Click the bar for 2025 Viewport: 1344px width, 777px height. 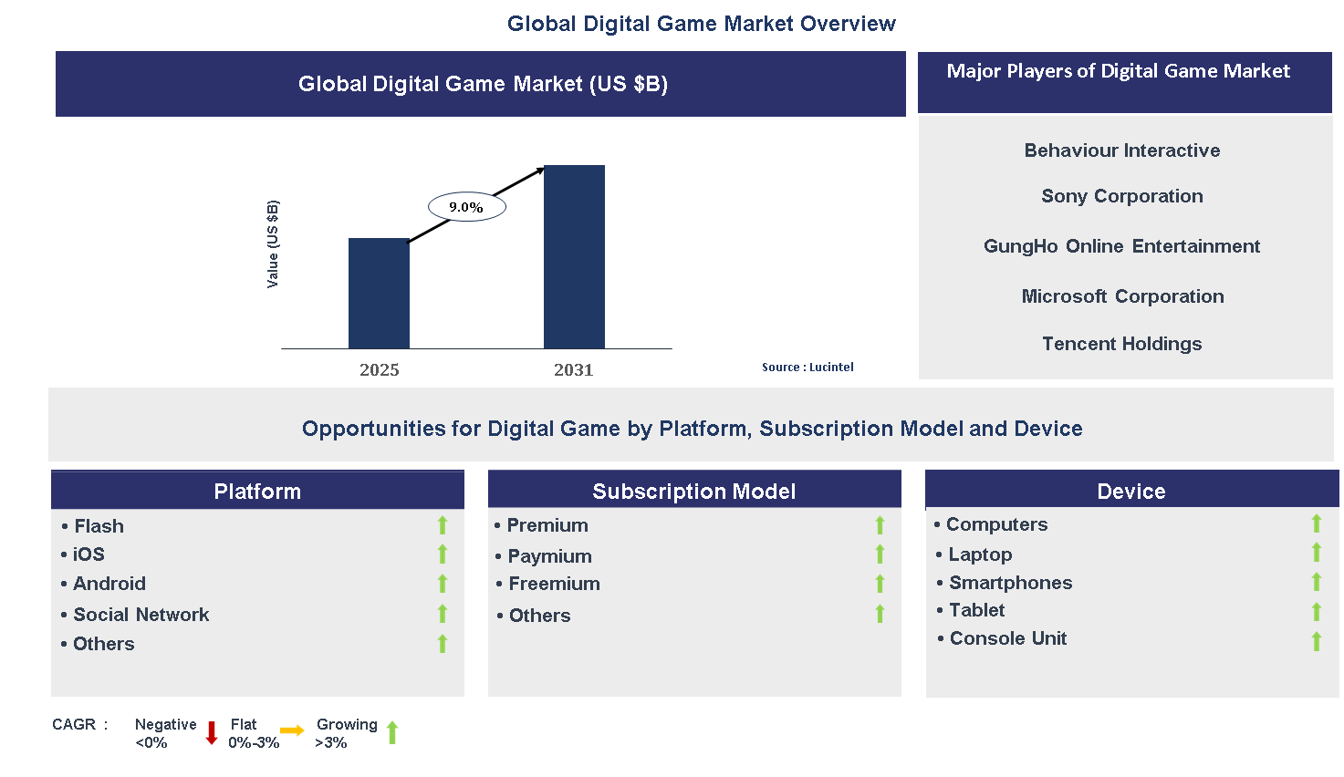(x=379, y=293)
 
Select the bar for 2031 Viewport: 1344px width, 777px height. (x=574, y=256)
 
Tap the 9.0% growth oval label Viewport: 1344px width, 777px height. (x=466, y=207)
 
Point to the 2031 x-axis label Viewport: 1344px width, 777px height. (x=573, y=369)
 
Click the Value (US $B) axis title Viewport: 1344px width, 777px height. (x=273, y=243)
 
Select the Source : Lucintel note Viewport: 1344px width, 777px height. (x=807, y=367)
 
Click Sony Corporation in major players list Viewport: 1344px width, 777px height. (x=1121, y=196)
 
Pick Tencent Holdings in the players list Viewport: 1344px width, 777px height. (x=1121, y=344)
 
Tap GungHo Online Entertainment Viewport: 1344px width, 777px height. (x=1121, y=246)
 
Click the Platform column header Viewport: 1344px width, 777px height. (x=257, y=491)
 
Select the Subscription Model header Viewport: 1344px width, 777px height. (x=694, y=491)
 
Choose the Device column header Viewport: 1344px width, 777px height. (x=1131, y=491)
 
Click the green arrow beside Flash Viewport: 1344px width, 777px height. (x=443, y=525)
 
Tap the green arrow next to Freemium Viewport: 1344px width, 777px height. (x=880, y=584)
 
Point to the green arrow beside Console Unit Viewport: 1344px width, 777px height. (x=1317, y=641)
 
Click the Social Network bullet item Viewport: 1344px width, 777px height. (x=141, y=615)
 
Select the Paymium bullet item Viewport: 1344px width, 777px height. (x=549, y=556)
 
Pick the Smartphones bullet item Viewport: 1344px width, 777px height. (x=1010, y=583)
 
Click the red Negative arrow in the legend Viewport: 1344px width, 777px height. (x=212, y=732)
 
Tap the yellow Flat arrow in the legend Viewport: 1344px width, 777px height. (x=292, y=730)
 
